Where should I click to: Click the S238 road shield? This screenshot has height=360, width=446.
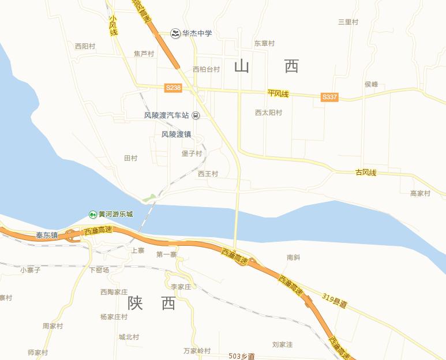click(x=173, y=88)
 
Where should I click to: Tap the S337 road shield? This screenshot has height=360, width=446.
click(x=329, y=97)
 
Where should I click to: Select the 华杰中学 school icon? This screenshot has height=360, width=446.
click(x=175, y=33)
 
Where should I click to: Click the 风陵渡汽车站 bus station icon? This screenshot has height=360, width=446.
click(x=196, y=115)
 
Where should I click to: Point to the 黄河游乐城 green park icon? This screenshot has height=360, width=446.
click(x=92, y=214)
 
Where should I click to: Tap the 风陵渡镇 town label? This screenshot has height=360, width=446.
click(x=176, y=134)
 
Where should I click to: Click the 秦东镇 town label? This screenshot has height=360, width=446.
click(x=47, y=235)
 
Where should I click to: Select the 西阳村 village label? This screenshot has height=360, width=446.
click(x=85, y=46)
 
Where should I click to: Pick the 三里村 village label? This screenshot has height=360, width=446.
click(x=348, y=22)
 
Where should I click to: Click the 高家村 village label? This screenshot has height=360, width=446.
click(x=420, y=193)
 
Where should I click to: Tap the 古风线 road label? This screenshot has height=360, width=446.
click(x=366, y=172)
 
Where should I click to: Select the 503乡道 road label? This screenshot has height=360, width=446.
click(x=242, y=356)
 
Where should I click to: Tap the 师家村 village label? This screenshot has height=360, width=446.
click(x=38, y=352)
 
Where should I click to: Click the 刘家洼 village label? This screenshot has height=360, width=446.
click(x=282, y=344)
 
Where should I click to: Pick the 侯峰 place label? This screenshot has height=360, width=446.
click(x=371, y=84)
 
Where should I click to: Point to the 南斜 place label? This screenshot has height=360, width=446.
click(x=294, y=257)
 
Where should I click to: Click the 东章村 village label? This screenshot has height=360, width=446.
click(x=264, y=43)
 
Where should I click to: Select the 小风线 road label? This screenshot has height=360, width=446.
click(x=113, y=26)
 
